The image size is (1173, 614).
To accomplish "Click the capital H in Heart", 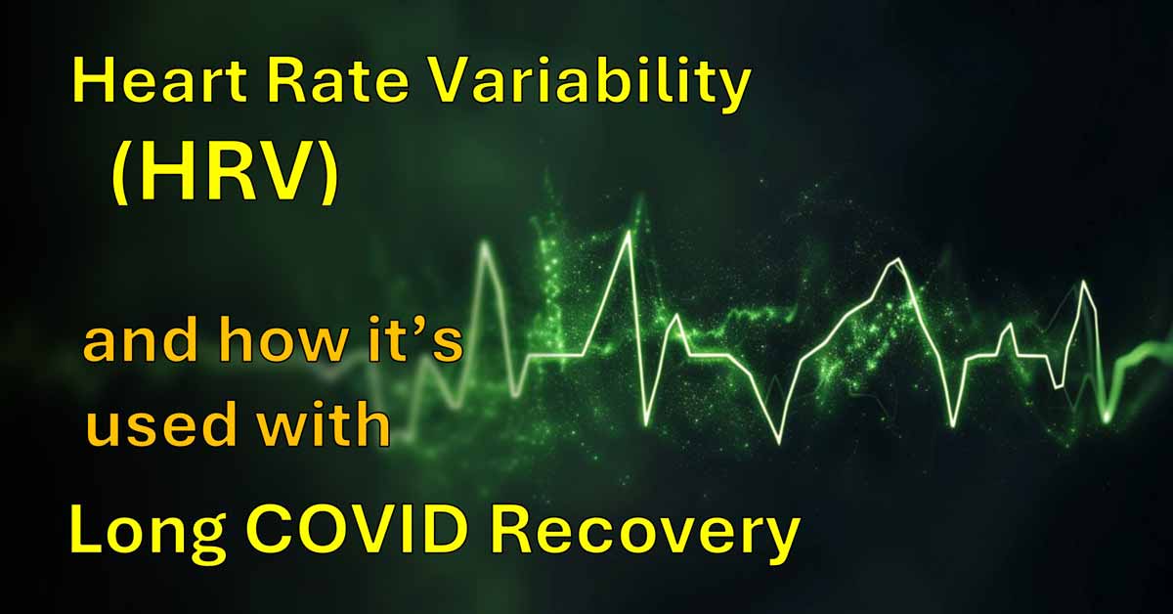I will point(91,83).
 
